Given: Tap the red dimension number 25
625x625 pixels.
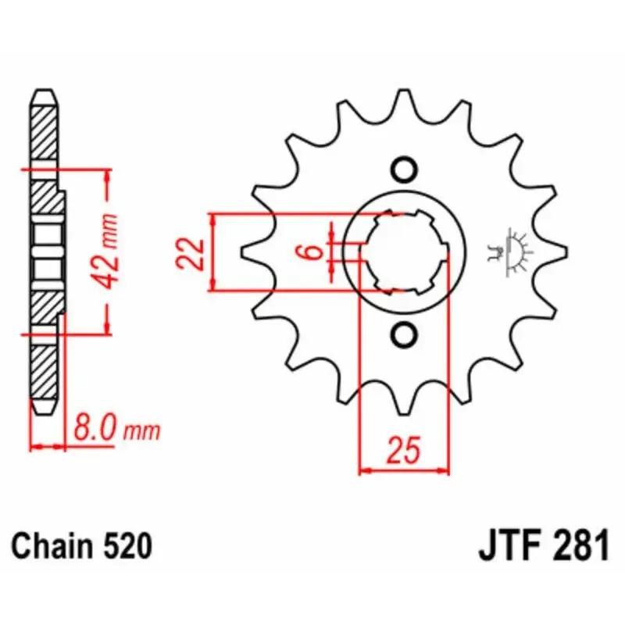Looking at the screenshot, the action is [x=404, y=451].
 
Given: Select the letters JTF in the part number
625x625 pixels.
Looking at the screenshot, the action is [x=506, y=545].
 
